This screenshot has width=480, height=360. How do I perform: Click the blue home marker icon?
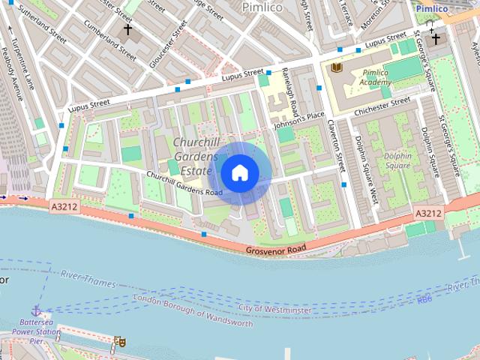(239, 172)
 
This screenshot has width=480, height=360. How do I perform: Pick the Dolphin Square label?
(397, 160)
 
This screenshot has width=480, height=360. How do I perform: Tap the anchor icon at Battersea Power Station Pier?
(35, 310)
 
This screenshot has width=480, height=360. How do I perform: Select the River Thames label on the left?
(88, 280)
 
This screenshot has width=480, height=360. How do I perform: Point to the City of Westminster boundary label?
(274, 309)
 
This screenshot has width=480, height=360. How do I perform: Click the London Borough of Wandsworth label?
(193, 310)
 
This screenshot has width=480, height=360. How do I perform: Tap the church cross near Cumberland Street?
(127, 31)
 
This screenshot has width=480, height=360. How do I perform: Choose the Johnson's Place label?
(299, 118)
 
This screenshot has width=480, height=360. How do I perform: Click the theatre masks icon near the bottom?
(118, 341)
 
